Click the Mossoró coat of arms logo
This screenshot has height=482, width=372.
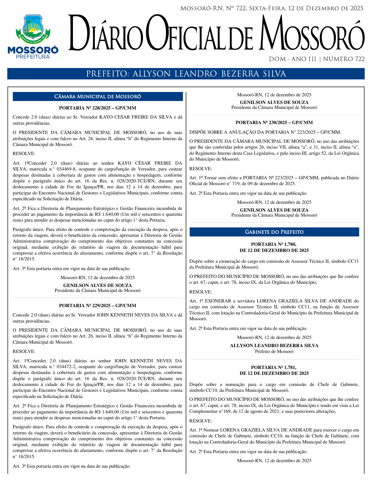pos(33,29)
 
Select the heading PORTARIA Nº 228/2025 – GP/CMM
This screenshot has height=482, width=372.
pos(97,108)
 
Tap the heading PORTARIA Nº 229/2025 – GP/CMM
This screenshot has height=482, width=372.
pos(97,306)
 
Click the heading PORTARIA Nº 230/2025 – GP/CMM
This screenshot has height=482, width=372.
pos(274,123)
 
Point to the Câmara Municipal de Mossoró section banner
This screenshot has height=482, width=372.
pos(98,97)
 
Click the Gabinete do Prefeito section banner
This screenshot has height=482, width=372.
pos(274,232)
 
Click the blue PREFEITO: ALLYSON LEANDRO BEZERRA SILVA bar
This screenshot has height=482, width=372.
pos(186,74)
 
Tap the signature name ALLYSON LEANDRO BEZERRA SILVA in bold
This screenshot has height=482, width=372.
pos(274,346)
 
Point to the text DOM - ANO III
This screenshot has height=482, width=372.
pos(293,59)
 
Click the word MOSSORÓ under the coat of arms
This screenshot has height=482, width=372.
pos(33,50)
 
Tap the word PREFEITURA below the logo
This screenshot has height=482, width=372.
pos(33,57)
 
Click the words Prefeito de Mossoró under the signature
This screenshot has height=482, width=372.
pos(274,352)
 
